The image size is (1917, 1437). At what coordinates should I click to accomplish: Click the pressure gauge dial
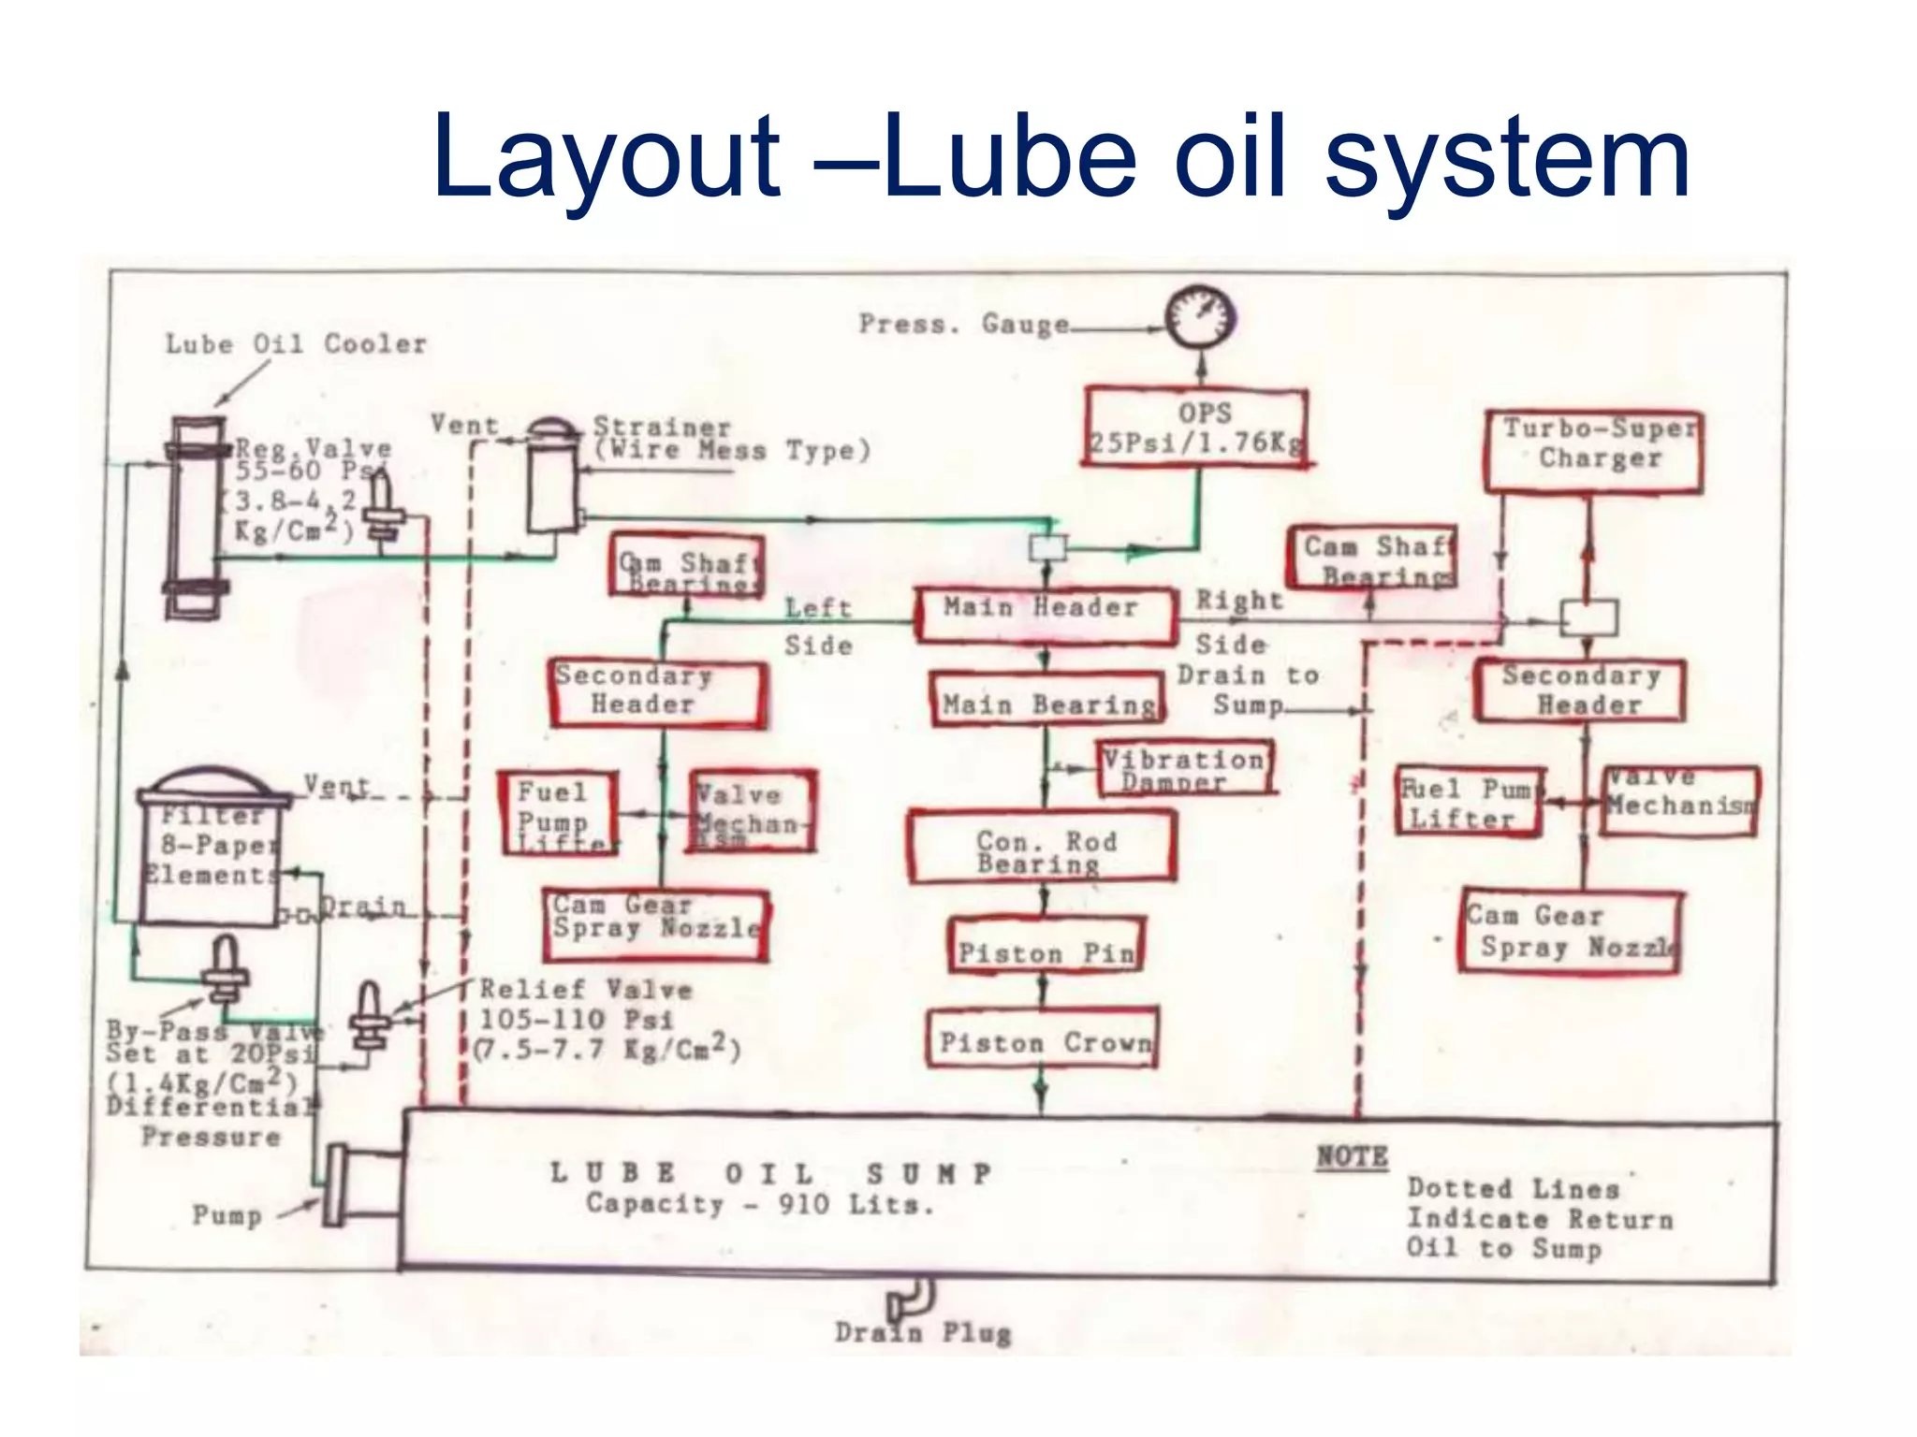point(1201,318)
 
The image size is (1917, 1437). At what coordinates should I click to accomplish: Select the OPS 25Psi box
point(1196,427)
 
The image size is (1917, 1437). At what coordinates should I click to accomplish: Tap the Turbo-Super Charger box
point(1594,451)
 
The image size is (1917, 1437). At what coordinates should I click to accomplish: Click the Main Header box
point(1045,615)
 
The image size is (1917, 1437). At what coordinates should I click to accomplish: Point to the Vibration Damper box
point(1184,768)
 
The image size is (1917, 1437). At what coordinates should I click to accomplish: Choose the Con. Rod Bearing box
point(1043,848)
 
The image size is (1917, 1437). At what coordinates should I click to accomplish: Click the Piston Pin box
point(1046,947)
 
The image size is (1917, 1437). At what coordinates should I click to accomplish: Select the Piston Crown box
point(1043,1038)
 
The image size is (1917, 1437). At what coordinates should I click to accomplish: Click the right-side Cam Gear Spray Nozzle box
point(1571,932)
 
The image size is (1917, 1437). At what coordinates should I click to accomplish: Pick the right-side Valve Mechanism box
point(1681,801)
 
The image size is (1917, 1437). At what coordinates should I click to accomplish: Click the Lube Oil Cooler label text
point(296,344)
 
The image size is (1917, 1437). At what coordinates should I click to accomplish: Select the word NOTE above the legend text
point(1353,1157)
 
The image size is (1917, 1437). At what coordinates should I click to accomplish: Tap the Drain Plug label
point(923,1332)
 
